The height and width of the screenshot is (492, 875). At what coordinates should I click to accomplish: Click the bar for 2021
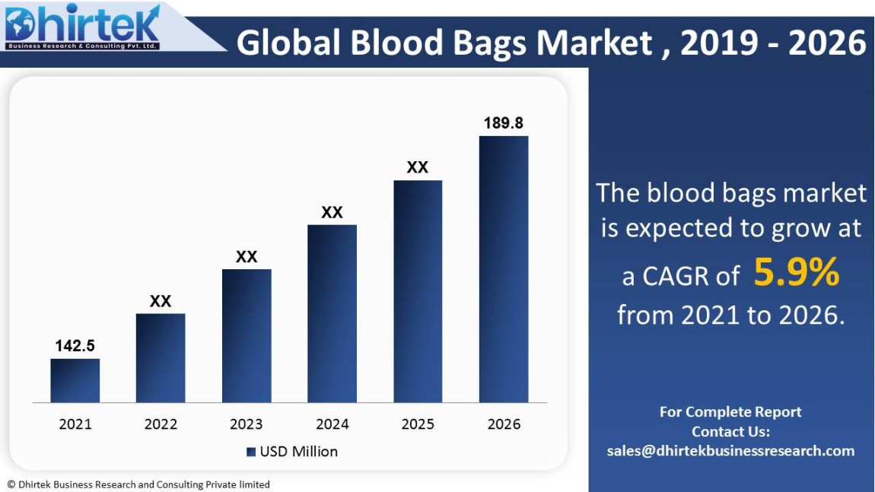click(75, 380)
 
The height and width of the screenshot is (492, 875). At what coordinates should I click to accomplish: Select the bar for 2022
click(161, 357)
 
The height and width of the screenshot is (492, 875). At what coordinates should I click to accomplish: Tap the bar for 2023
click(247, 335)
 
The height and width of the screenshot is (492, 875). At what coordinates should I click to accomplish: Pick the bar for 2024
click(332, 313)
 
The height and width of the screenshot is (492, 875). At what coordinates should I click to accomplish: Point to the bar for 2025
click(418, 291)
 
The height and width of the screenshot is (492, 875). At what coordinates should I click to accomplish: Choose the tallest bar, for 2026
click(503, 269)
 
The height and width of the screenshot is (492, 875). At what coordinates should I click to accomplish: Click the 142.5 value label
click(75, 346)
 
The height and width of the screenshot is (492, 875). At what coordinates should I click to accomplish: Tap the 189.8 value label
click(504, 122)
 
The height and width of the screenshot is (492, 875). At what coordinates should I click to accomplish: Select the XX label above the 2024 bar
click(332, 212)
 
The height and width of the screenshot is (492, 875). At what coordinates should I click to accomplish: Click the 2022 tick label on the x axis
click(161, 424)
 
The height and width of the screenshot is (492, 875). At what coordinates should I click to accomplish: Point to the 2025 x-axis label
click(418, 424)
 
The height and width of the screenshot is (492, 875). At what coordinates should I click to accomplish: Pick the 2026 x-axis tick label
click(504, 424)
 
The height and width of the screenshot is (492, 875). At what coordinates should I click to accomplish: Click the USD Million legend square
click(251, 452)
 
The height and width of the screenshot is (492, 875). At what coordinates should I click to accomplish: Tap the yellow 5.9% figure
click(796, 274)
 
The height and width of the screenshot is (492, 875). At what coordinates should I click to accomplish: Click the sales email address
click(730, 451)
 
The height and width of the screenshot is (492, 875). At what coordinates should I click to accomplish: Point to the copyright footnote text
click(138, 484)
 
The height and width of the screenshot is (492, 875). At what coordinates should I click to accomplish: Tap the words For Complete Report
click(730, 412)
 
